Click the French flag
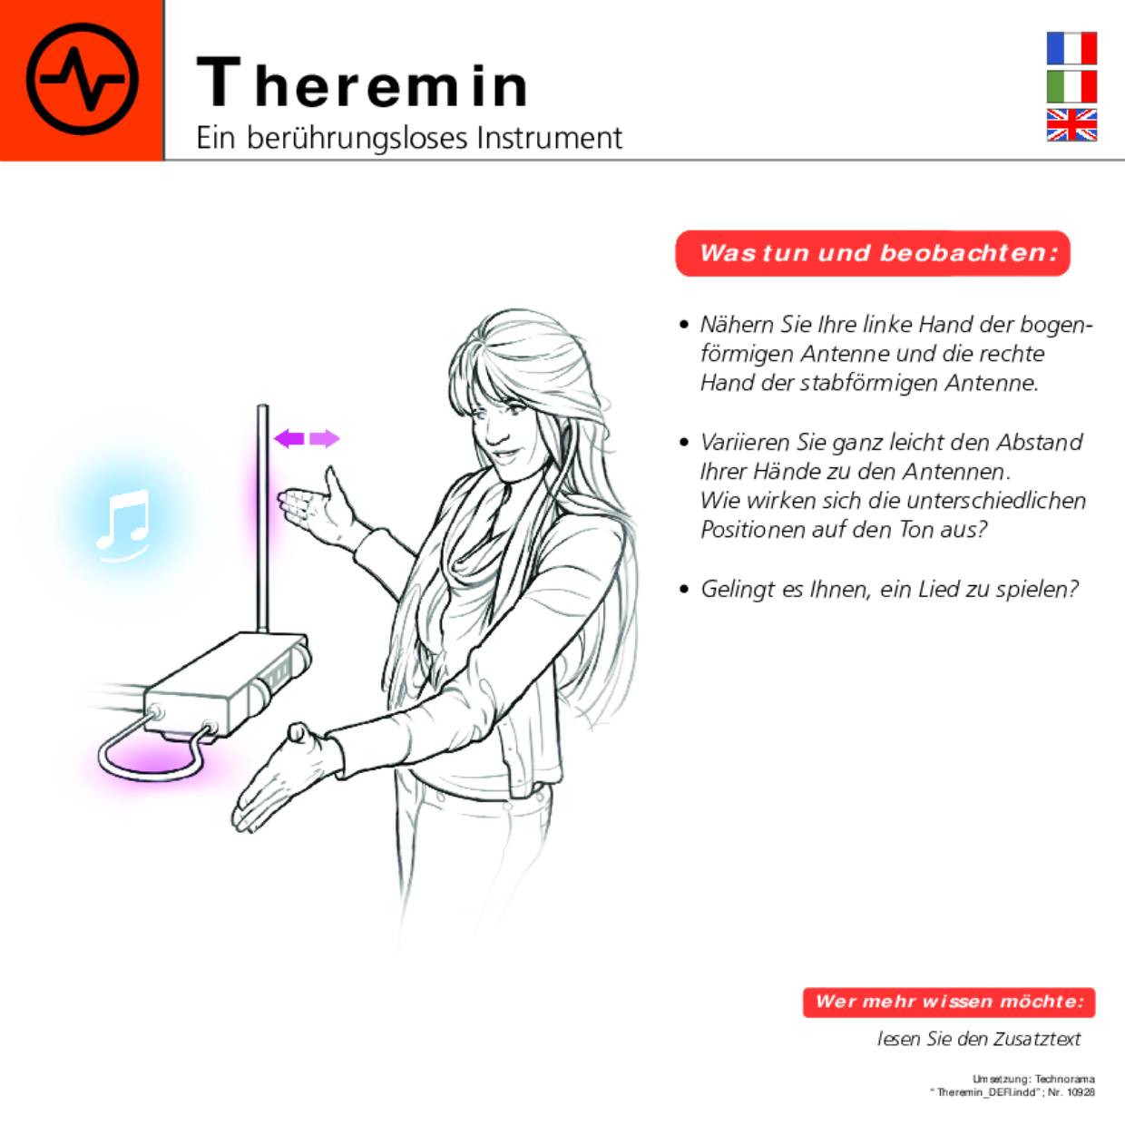1071,48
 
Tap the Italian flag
1071,86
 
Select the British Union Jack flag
1071,125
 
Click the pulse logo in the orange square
82,80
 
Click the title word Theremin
362,83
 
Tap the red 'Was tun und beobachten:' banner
873,253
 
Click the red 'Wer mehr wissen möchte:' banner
949,1002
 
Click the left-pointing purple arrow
289,439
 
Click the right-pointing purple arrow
324,439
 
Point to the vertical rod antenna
262,517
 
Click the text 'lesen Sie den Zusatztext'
978,1039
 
